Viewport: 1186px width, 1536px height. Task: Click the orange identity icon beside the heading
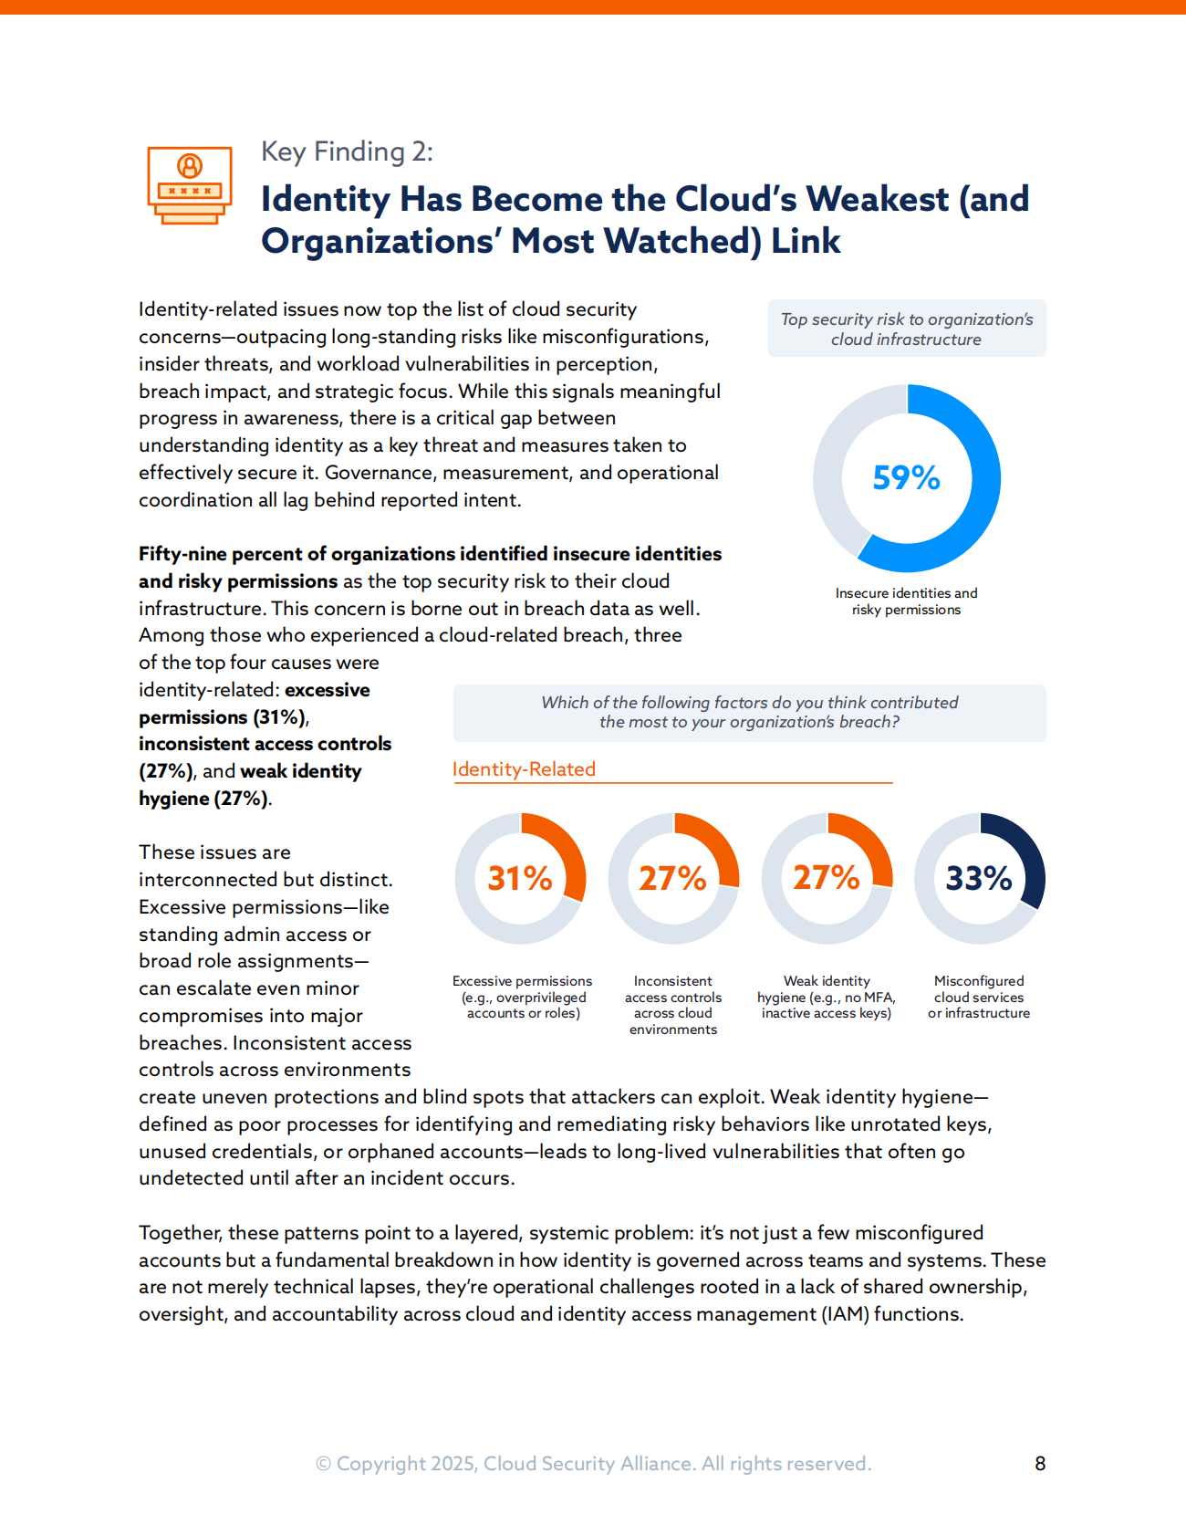tap(190, 185)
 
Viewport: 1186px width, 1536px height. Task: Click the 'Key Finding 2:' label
tap(347, 152)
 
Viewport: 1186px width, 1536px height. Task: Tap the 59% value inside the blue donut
tap(906, 477)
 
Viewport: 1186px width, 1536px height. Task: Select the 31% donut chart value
tap(520, 878)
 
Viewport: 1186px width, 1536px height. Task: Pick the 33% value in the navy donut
tap(979, 878)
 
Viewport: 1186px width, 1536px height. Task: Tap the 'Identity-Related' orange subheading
tap(524, 769)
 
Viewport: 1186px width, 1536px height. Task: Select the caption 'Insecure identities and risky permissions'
tap(906, 601)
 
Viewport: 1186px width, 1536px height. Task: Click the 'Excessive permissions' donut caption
tap(523, 997)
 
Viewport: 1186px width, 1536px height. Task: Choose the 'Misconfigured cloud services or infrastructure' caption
tap(979, 997)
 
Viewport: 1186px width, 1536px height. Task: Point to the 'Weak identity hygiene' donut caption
tap(827, 997)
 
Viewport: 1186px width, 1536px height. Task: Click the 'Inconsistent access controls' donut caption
tap(673, 1005)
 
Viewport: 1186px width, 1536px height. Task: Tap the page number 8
tap(1040, 1464)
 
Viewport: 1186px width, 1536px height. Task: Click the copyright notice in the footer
tap(593, 1464)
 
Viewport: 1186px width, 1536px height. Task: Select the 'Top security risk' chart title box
tap(906, 329)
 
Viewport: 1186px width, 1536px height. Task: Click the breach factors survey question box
tap(749, 713)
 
